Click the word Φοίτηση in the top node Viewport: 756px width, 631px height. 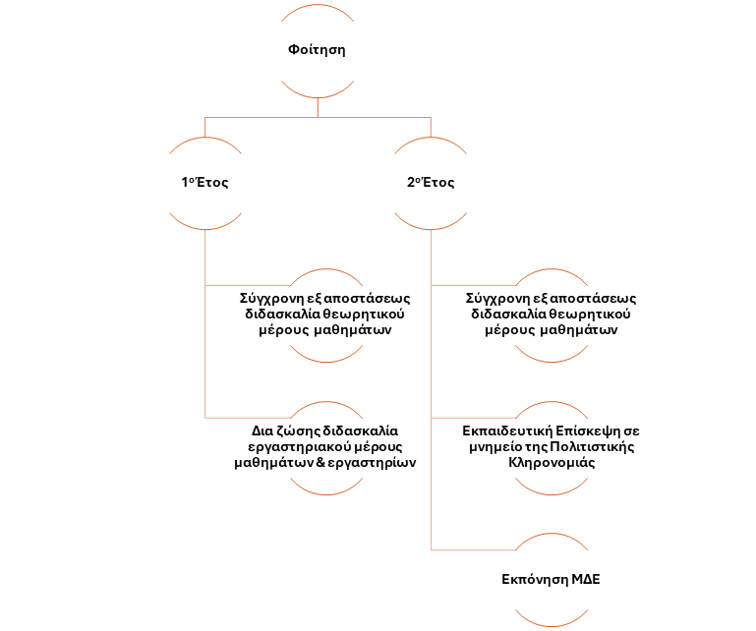(317, 49)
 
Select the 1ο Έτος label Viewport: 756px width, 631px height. (204, 183)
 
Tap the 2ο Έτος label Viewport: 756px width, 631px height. (431, 183)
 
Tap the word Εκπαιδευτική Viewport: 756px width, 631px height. (504, 430)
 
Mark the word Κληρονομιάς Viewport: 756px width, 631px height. (551, 464)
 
